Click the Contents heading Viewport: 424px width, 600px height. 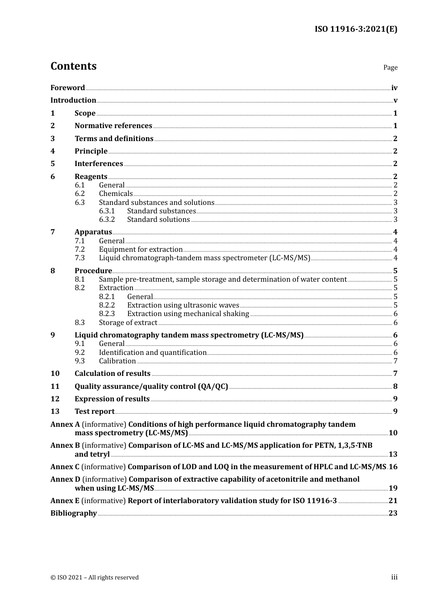point(73,66)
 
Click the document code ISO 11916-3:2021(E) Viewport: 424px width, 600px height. point(356,29)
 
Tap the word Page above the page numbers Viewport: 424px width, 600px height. point(390,67)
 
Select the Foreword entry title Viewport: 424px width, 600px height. point(67,87)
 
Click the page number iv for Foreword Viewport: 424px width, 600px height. point(394,87)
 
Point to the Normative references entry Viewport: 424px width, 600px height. point(113,126)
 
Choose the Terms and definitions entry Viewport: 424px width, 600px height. point(114,138)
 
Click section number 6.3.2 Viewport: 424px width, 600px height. point(107,220)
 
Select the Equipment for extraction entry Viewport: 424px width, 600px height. point(141,250)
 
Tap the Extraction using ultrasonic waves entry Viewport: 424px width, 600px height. point(183,305)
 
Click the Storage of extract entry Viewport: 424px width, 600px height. point(128,323)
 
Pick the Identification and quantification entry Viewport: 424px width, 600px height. point(153,353)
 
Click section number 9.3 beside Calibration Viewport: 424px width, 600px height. point(79,361)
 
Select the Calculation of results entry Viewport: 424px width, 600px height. point(112,374)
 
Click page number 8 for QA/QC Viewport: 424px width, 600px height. point(395,387)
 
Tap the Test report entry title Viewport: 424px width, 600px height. point(94,412)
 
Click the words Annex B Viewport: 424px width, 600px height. point(65,446)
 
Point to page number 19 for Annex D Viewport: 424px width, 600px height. point(393,488)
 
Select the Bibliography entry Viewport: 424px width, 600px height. point(74,513)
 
